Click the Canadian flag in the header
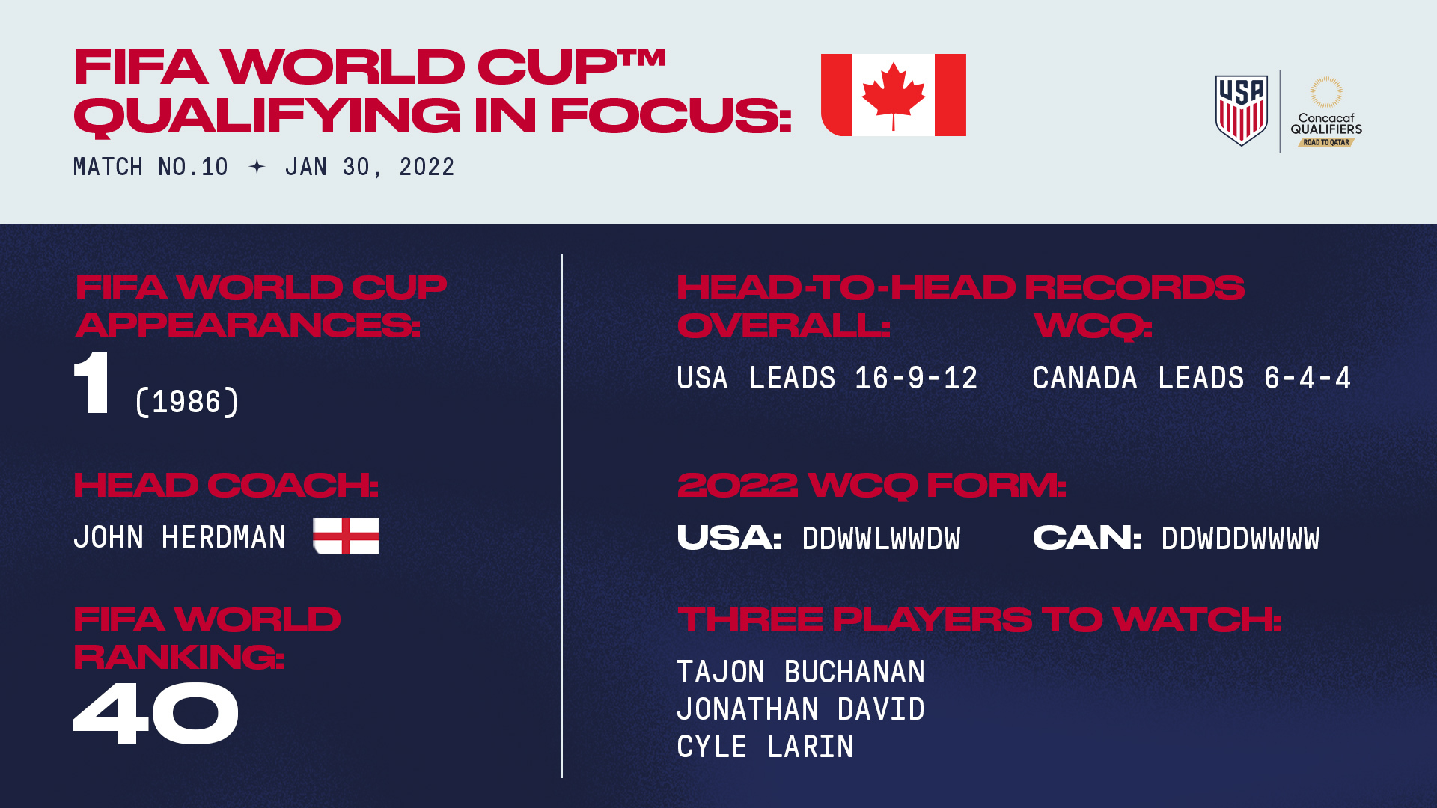(893, 95)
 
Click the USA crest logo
(1241, 110)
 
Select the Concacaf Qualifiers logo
(1325, 112)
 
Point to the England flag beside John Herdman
(346, 536)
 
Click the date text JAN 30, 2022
(370, 167)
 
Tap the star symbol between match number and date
(257, 167)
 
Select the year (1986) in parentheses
(187, 402)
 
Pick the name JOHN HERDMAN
(180, 537)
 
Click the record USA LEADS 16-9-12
(827, 378)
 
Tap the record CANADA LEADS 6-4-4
(1192, 378)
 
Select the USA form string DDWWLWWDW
(881, 539)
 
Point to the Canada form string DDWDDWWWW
(1240, 539)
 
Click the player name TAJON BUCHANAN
(801, 672)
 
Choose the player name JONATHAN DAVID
(801, 709)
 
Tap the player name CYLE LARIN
(765, 747)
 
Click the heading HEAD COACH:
(226, 485)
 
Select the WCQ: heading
(1093, 325)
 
